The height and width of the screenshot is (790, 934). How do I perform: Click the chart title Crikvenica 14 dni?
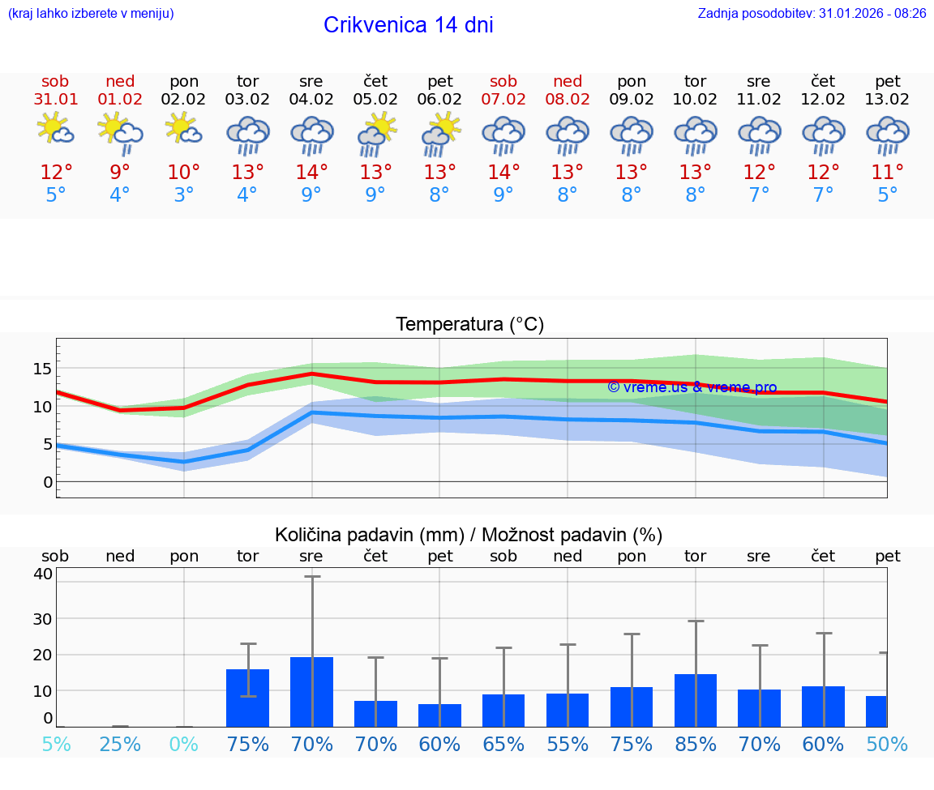click(408, 25)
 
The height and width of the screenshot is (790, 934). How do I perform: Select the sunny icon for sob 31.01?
click(55, 130)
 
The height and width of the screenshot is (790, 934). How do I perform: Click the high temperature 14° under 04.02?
click(311, 173)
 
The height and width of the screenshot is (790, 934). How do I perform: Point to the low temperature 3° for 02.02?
click(184, 195)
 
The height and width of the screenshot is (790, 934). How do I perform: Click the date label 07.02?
click(503, 100)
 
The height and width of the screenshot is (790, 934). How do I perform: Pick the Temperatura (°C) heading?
click(469, 325)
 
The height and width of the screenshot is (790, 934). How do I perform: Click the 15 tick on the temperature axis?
click(42, 369)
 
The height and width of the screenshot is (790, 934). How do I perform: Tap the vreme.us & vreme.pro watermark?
click(692, 387)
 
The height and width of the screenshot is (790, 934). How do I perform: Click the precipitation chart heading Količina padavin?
click(469, 535)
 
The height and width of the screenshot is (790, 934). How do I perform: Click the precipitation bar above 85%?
click(696, 700)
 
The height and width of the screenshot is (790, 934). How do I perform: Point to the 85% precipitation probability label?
click(696, 745)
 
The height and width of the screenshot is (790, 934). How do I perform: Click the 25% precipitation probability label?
click(120, 745)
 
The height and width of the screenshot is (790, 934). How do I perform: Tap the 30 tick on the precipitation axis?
click(42, 618)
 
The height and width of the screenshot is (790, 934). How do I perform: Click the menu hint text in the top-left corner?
click(91, 13)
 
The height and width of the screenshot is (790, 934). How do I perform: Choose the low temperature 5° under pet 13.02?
click(888, 195)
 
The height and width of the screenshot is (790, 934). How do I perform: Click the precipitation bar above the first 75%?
click(248, 698)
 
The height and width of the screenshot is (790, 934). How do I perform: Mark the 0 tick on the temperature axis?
click(48, 482)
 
